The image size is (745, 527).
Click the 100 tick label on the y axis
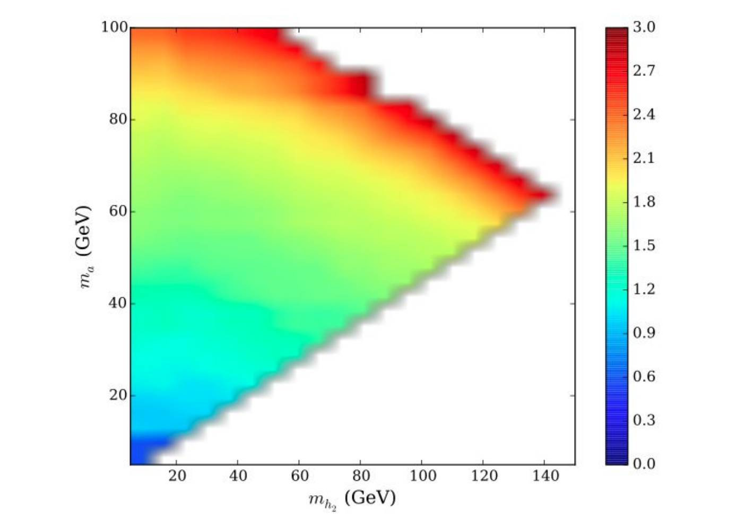click(x=115, y=27)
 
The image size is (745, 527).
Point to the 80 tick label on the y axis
click(x=119, y=119)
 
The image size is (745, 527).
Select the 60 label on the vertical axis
click(x=119, y=212)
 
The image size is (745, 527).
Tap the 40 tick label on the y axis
click(x=119, y=304)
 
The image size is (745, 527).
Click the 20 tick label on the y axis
click(x=119, y=395)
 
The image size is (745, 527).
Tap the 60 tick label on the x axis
click(x=300, y=476)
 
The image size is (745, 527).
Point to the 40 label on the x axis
click(x=238, y=476)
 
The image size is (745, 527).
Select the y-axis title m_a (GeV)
click(x=83, y=247)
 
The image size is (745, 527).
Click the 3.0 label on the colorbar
click(x=644, y=27)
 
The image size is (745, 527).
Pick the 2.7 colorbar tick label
click(x=644, y=71)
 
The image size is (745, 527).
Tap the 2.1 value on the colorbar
click(x=644, y=158)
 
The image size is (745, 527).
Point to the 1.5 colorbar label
click(x=644, y=246)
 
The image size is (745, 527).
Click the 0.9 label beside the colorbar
click(x=644, y=333)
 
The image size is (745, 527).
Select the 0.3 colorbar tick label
click(x=644, y=420)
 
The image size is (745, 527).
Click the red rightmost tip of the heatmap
click(x=555, y=194)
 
